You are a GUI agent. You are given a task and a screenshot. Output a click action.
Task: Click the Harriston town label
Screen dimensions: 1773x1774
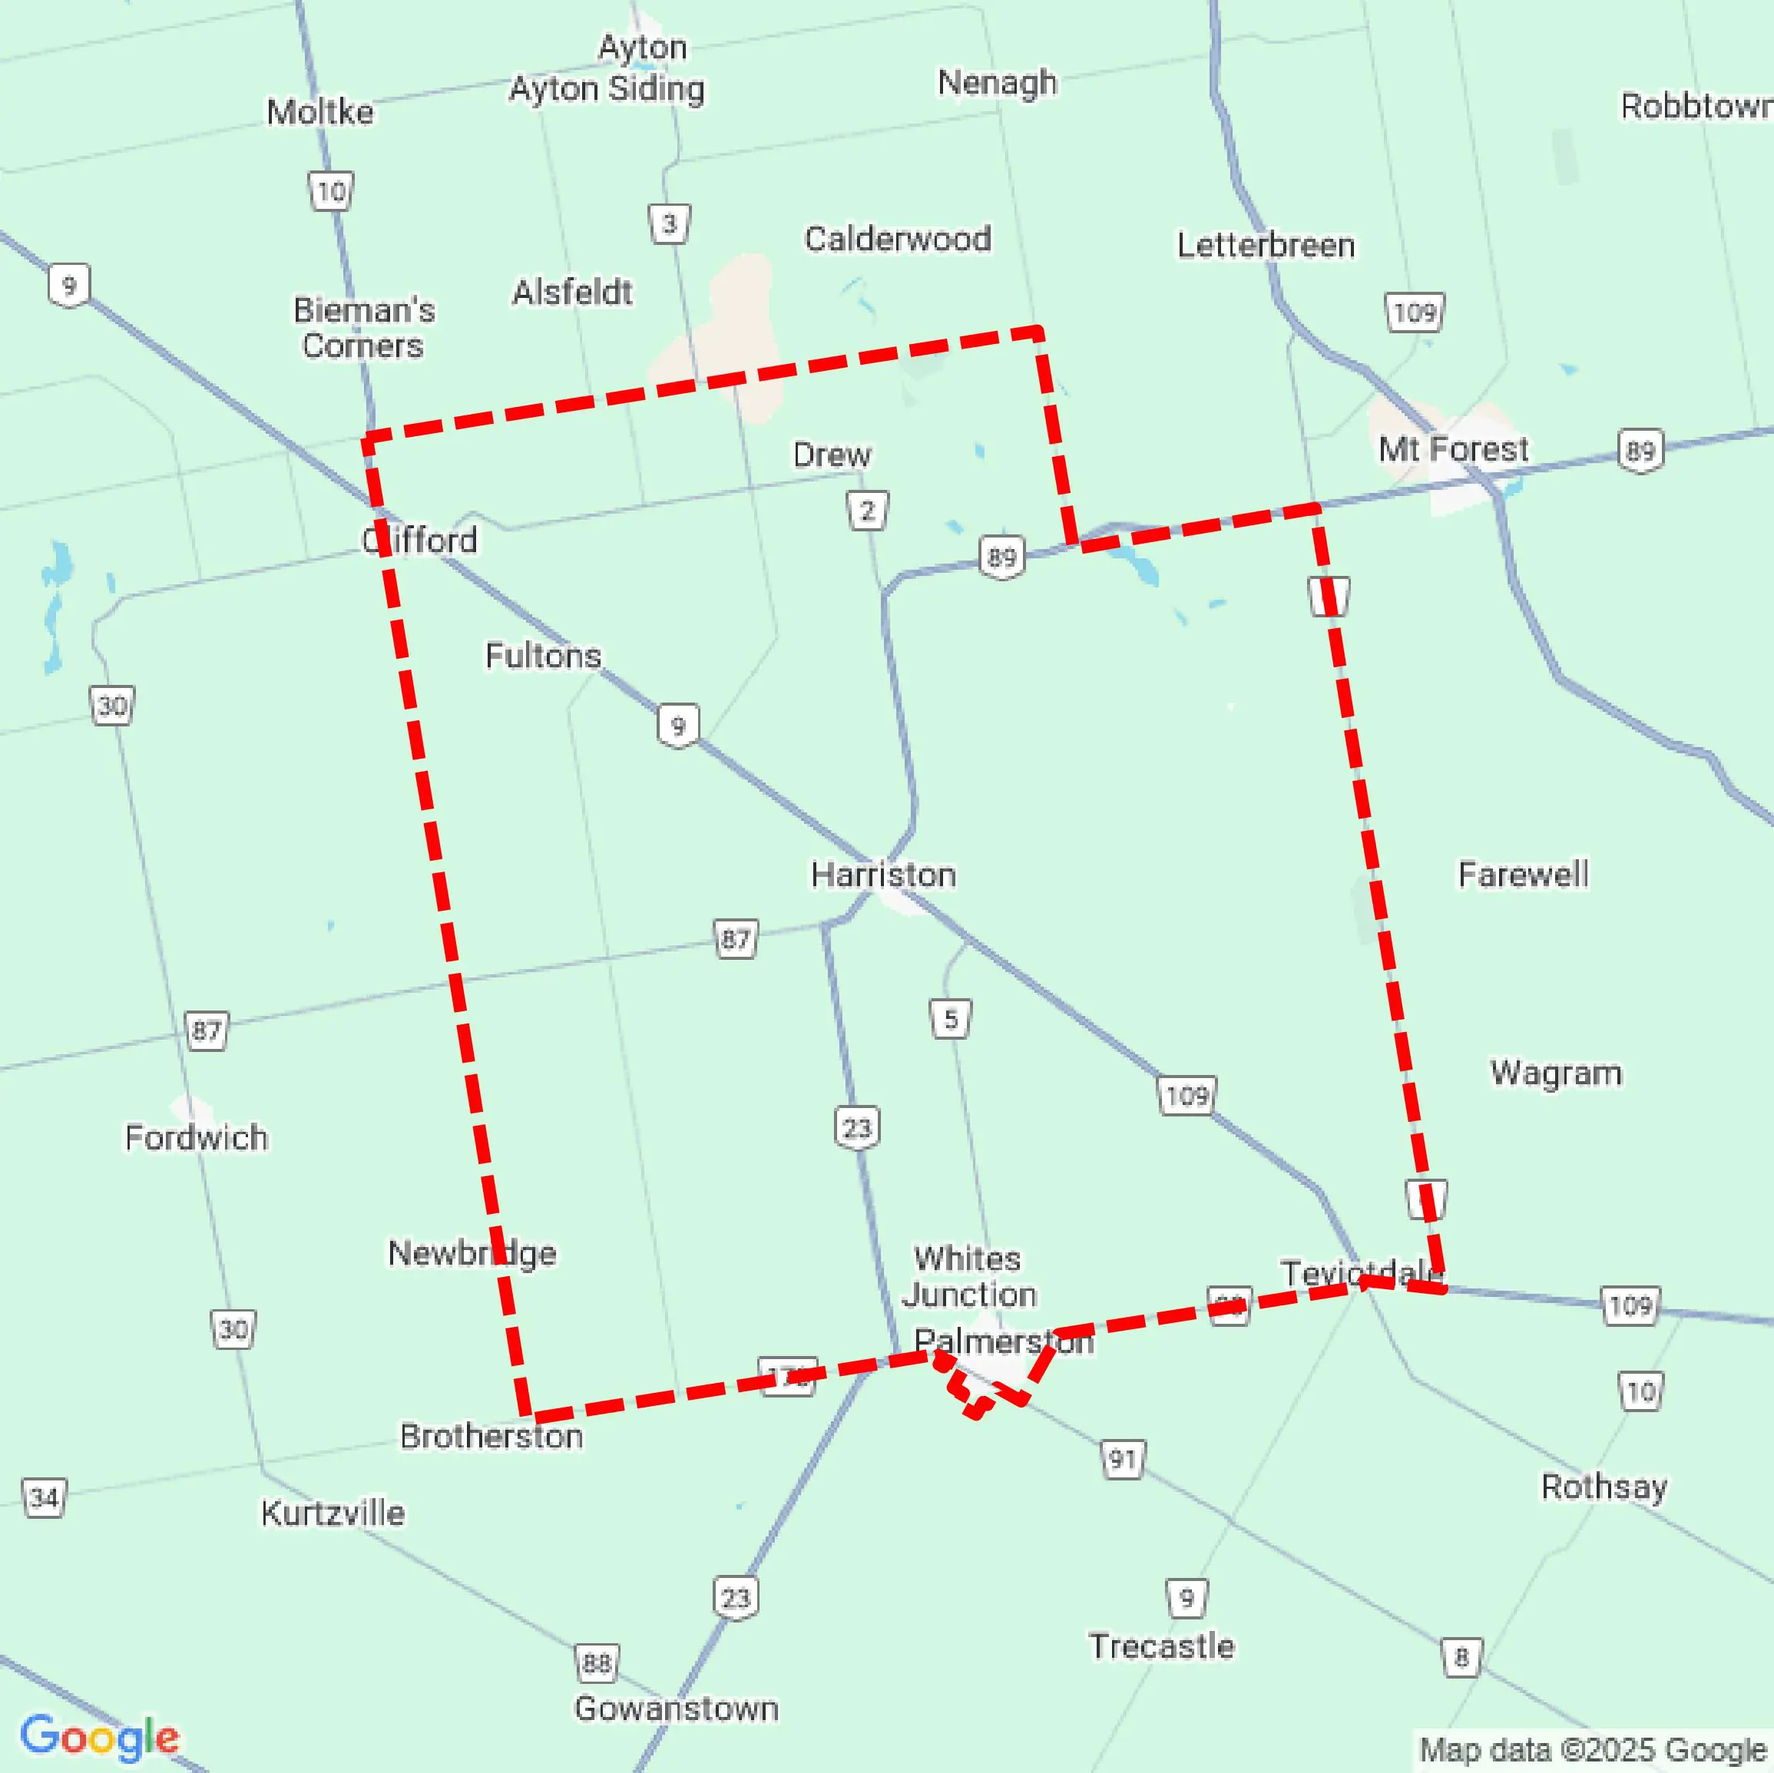(882, 875)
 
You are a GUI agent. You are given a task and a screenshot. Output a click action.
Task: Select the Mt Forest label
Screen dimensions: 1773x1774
(1454, 449)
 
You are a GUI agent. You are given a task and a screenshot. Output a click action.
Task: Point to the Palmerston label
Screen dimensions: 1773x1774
(1004, 1341)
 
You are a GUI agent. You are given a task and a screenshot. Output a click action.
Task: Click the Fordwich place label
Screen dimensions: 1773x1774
(197, 1138)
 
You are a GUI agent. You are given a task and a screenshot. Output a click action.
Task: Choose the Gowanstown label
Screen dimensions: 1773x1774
(677, 1708)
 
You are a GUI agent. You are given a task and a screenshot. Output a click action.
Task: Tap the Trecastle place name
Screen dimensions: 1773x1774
(1161, 1646)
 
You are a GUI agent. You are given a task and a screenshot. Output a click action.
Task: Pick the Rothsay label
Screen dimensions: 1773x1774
(1604, 1487)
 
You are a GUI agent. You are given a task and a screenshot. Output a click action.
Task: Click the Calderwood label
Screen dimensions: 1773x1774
(898, 239)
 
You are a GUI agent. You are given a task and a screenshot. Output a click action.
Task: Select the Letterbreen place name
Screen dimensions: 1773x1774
(1266, 245)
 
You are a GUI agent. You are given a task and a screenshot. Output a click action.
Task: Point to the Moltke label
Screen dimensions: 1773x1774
(320, 112)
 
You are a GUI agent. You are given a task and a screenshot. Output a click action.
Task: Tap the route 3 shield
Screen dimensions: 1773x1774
(670, 223)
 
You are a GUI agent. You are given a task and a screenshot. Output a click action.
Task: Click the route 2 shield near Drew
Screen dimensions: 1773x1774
(867, 511)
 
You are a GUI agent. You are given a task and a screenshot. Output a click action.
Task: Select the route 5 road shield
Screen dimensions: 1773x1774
(951, 1018)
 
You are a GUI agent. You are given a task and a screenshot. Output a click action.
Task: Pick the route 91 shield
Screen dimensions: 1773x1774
(1122, 1459)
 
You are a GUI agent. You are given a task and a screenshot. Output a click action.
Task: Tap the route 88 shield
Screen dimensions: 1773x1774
(597, 1663)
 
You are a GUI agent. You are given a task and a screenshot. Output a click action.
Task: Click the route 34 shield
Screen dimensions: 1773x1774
(44, 1498)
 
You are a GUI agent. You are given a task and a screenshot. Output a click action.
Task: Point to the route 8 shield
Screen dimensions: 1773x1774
(1461, 1657)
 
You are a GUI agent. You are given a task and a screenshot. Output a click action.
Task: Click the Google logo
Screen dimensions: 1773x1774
(99, 1736)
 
